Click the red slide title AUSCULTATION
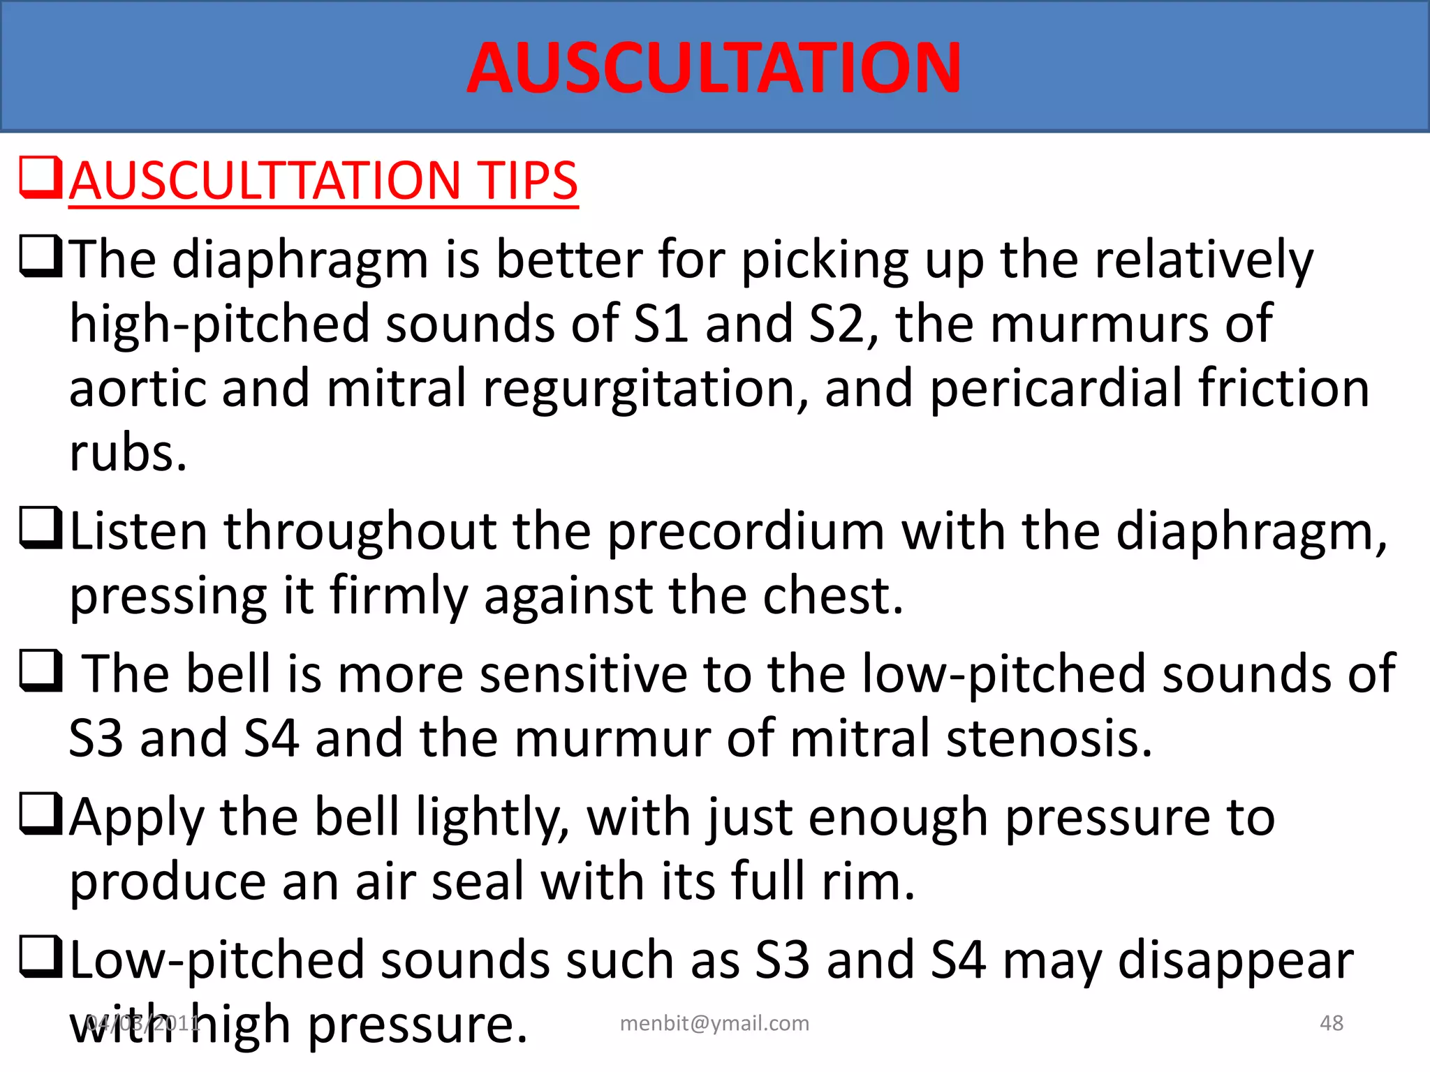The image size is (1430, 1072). pyautogui.click(x=714, y=68)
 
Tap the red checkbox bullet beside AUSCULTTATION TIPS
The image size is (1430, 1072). pyautogui.click(x=41, y=178)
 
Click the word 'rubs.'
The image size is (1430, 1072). pyautogui.click(x=128, y=453)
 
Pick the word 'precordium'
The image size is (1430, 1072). pyautogui.click(x=746, y=532)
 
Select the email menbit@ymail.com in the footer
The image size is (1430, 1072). pyautogui.click(x=714, y=1023)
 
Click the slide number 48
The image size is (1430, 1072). pyautogui.click(x=1331, y=1023)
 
